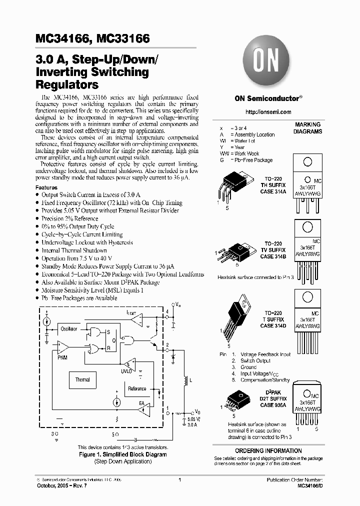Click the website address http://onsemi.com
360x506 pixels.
269,112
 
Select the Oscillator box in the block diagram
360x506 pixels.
69,329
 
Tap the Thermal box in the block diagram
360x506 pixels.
82,380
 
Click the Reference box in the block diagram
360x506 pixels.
137,389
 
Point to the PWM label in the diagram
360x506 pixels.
62,358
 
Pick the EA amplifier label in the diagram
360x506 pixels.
141,403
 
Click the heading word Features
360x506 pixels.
46,187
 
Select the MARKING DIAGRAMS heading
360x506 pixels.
308,128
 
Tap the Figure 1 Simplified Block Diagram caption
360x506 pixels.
123,454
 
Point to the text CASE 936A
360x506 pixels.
273,404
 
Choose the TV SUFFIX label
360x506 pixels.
273,250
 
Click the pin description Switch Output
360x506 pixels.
255,360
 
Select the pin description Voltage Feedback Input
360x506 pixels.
265,354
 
